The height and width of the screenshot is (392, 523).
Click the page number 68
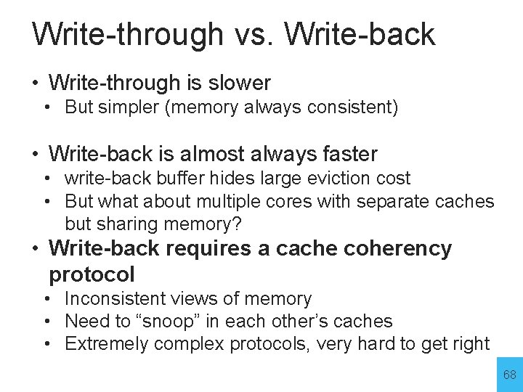pyautogui.click(x=509, y=375)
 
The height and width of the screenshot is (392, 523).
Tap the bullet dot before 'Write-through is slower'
pyautogui.click(x=35, y=83)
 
